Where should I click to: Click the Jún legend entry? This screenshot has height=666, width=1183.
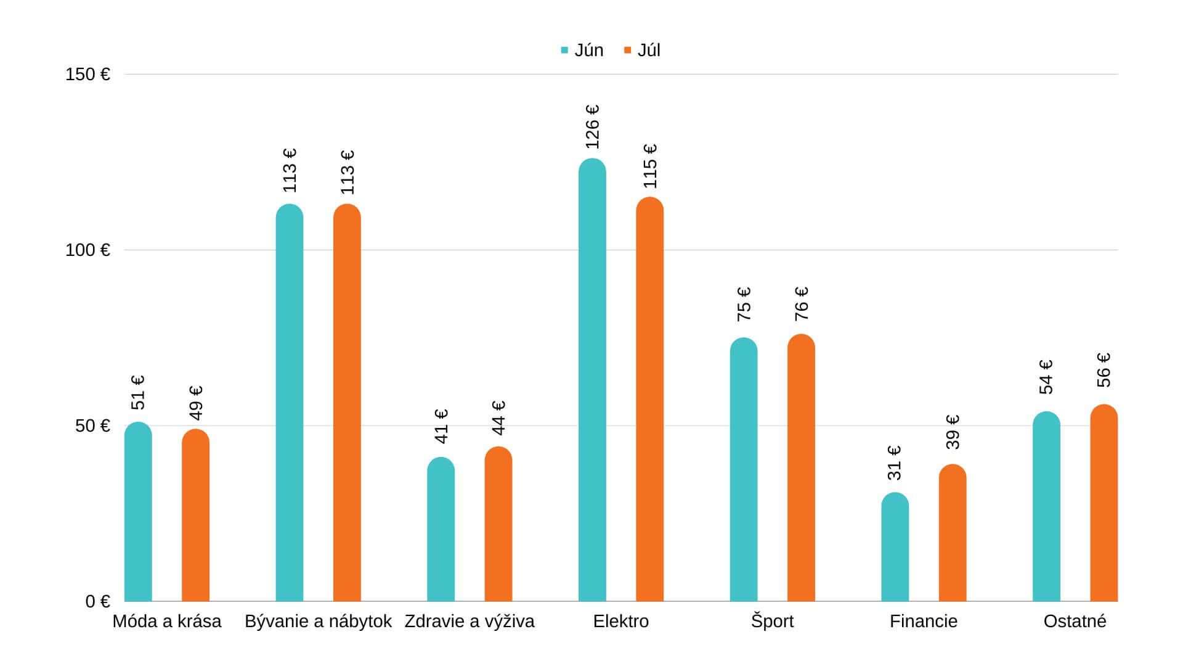click(582, 50)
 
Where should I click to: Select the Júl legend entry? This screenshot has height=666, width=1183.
click(642, 50)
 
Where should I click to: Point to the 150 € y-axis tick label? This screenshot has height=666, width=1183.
click(87, 75)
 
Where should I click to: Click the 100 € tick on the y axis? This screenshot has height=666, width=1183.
click(87, 250)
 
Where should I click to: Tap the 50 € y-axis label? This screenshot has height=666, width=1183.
click(92, 426)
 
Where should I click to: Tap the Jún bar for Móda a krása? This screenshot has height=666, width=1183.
click(138, 511)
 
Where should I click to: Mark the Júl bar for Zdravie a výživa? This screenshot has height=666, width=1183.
click(498, 524)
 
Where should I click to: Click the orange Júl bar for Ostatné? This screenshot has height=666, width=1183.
click(1104, 503)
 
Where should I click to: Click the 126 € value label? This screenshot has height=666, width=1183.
click(592, 126)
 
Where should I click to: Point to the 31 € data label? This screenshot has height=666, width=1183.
click(895, 462)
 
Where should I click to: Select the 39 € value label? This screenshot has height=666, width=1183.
click(953, 432)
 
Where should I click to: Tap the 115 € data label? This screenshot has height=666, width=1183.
click(650, 166)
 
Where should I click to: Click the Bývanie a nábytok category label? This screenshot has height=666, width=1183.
click(318, 621)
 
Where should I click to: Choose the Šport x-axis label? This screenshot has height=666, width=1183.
click(772, 621)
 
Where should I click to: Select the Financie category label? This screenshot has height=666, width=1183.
click(923, 621)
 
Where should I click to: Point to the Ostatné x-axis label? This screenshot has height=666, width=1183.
click(1075, 621)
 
